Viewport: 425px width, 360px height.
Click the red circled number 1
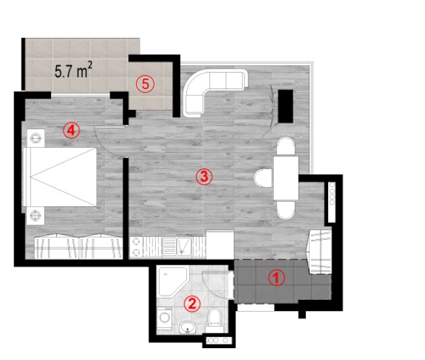coord(277,278)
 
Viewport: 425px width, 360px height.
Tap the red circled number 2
coord(192,304)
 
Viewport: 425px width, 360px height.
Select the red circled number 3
coord(204,177)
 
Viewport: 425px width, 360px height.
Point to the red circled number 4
coord(71,131)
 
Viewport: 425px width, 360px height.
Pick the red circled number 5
coord(145,84)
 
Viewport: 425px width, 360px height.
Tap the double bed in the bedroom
coord(59,177)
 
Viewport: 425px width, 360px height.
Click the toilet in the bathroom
coord(214,319)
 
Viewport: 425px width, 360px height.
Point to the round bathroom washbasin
coord(188,327)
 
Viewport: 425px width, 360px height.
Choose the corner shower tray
coord(172,282)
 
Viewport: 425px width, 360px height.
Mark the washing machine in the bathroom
coord(164,318)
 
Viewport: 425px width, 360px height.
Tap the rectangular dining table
coord(286,178)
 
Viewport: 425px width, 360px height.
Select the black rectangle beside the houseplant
coord(286,106)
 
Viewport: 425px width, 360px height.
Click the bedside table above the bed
coord(35,138)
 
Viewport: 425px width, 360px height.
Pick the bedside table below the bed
coord(35,216)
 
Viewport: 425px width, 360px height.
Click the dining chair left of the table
coord(263,178)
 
